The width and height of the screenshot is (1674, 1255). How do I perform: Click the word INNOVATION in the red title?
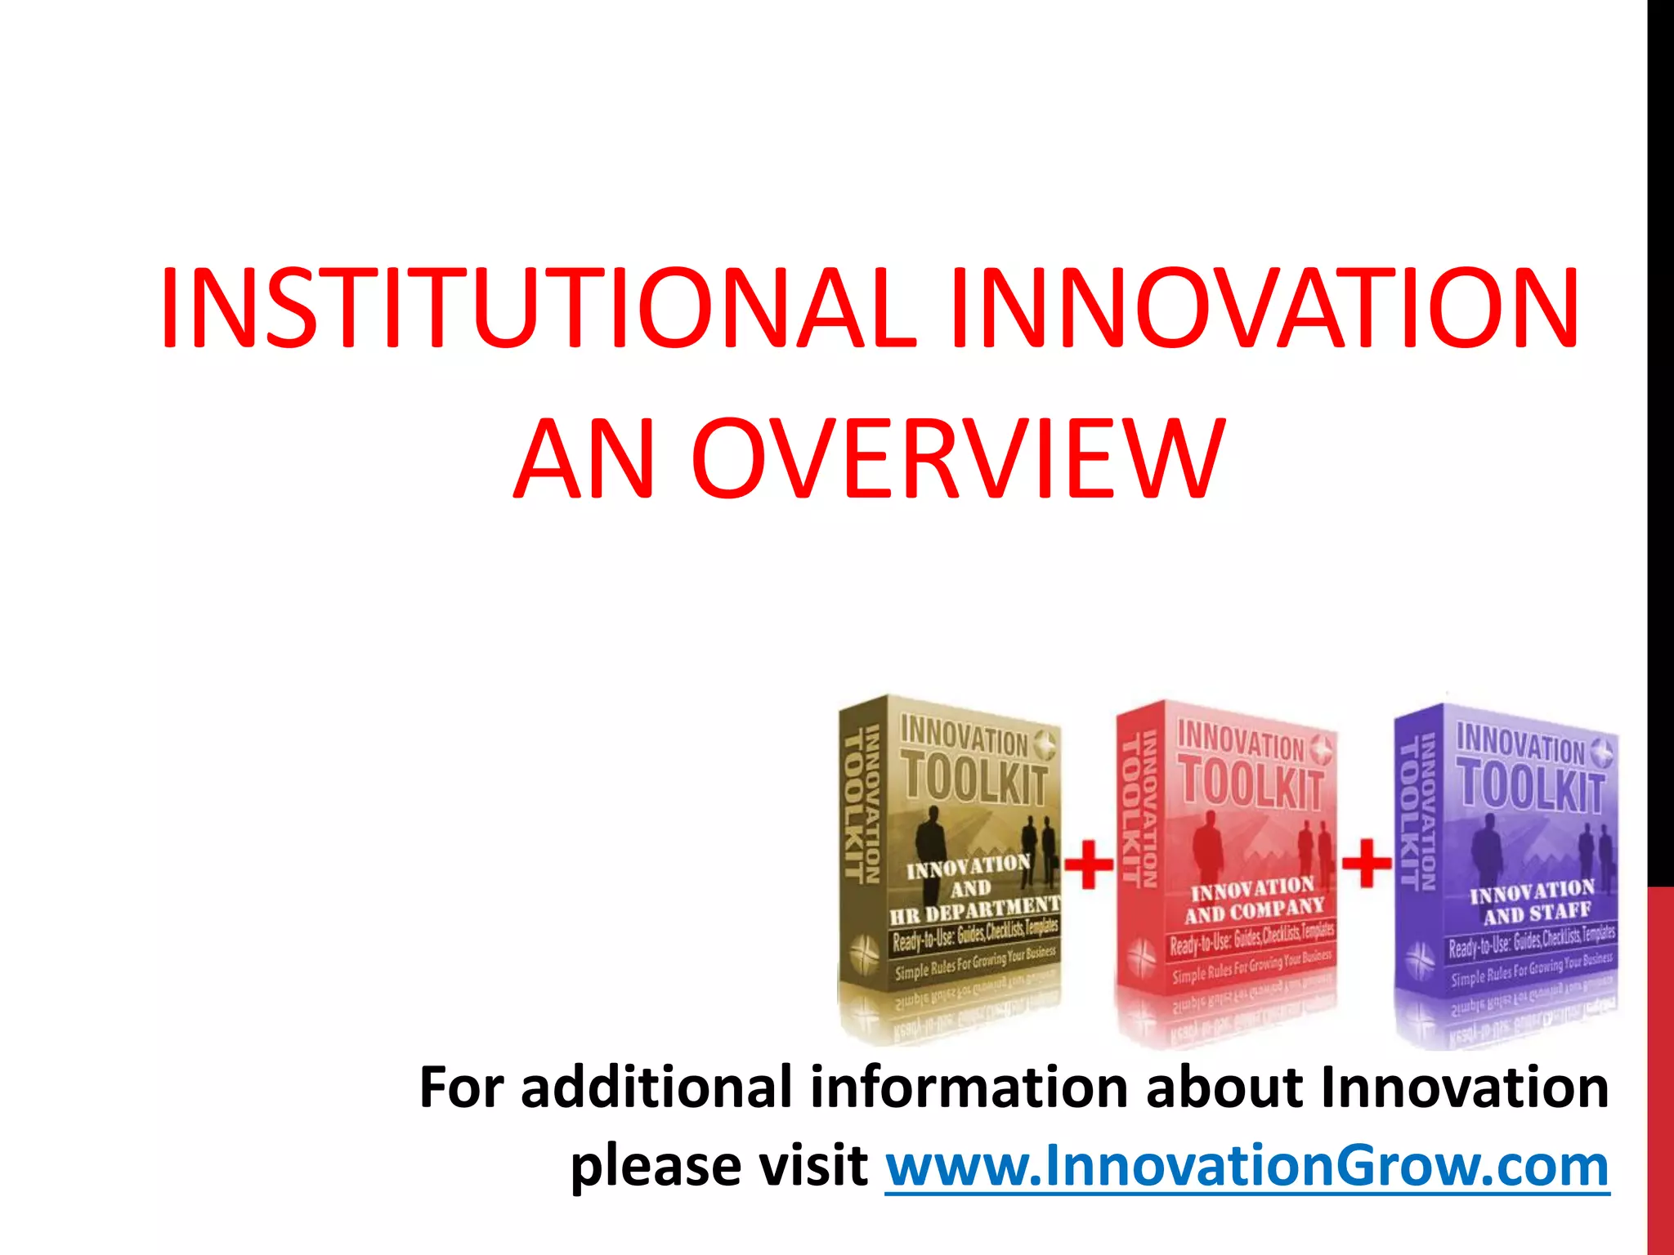pyautogui.click(x=1263, y=308)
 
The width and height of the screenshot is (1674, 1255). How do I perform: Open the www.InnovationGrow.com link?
pyautogui.click(x=1247, y=1166)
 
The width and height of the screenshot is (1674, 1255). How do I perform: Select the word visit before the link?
pyautogui.click(x=812, y=1166)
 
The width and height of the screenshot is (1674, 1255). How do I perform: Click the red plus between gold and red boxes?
pyautogui.click(x=1088, y=864)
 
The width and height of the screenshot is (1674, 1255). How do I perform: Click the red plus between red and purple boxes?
pyautogui.click(x=1366, y=863)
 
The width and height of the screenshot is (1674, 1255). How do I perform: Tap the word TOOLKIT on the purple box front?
pyautogui.click(x=1531, y=786)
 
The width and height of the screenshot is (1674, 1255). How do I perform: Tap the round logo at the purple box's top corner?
pyautogui.click(x=1603, y=753)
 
